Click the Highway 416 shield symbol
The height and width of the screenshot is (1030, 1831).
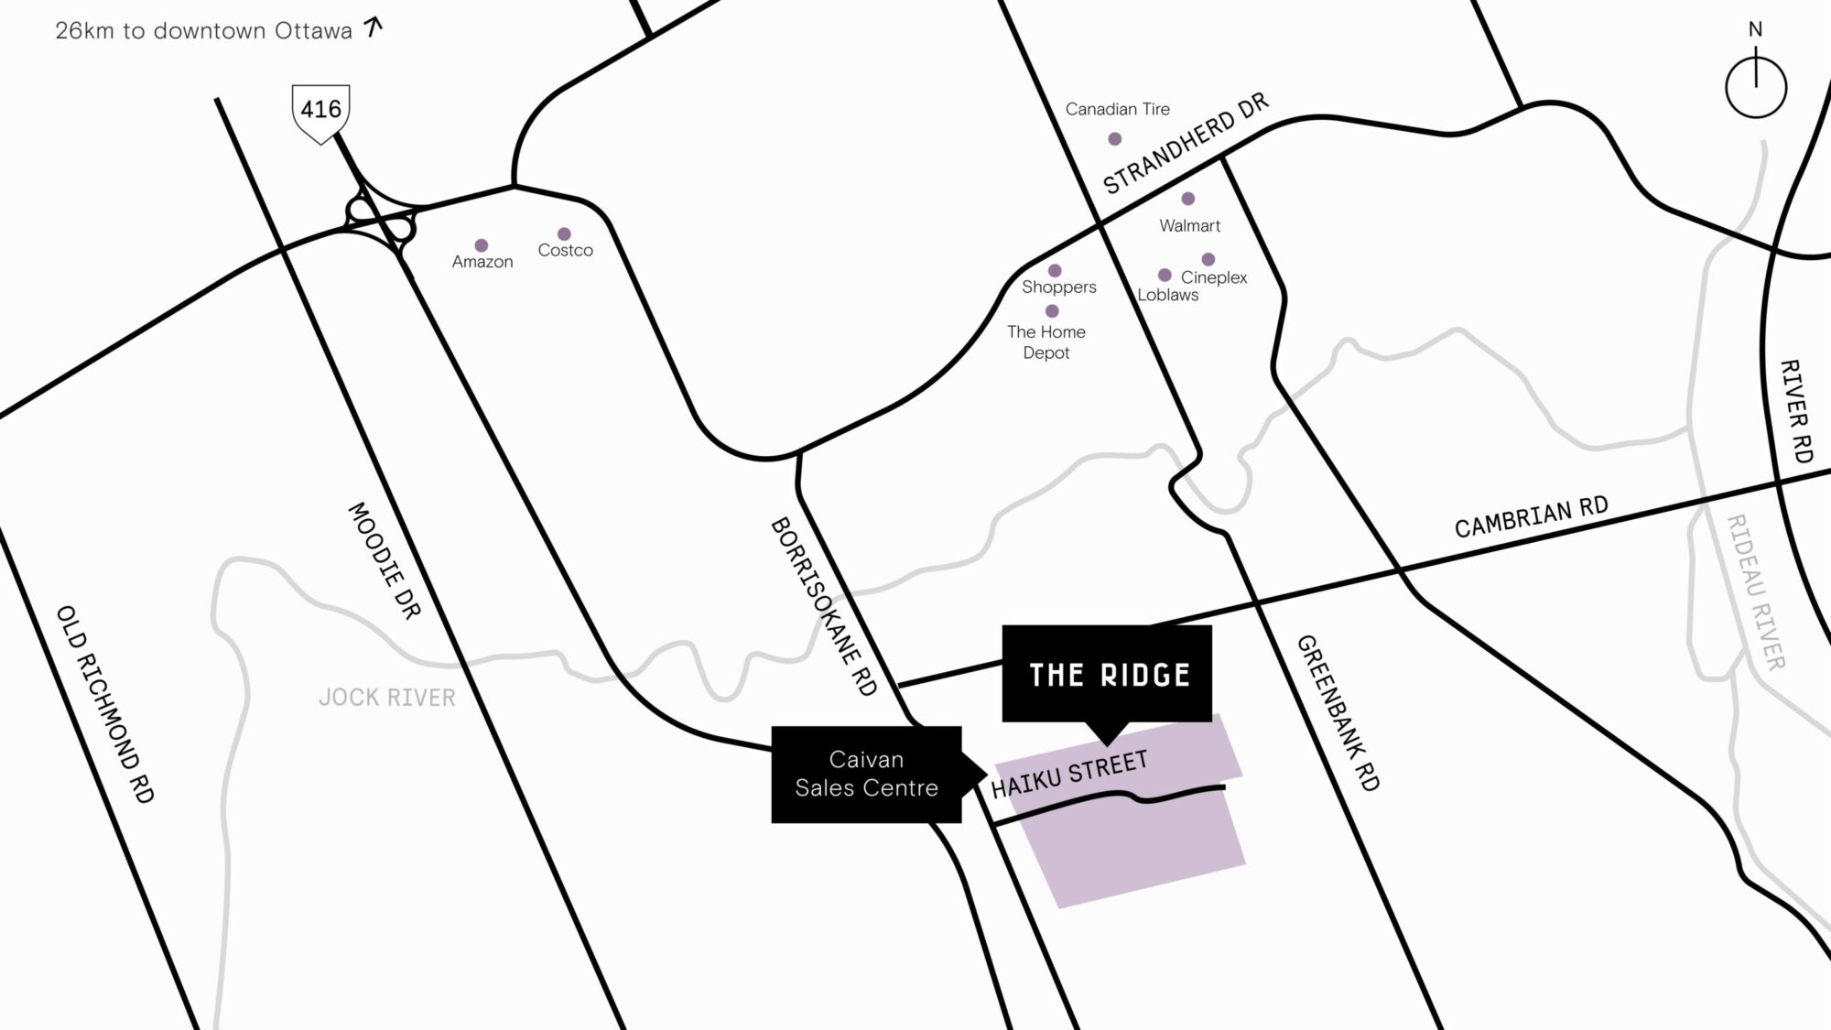pos(320,112)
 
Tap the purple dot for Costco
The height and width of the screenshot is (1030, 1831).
pos(564,234)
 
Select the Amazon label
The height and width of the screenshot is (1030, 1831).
pos(482,262)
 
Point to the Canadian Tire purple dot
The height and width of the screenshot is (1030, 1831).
pos(1114,139)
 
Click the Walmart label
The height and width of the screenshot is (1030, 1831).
pos(1189,225)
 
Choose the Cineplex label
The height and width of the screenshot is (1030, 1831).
pos(1214,277)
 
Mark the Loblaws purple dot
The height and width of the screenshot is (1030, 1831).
pos(1165,275)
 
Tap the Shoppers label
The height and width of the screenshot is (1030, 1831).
pos(1059,287)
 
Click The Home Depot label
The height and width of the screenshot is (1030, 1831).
pos(1046,342)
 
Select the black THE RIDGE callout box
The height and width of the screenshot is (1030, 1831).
pos(1108,674)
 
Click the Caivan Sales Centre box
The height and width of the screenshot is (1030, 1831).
pos(866,774)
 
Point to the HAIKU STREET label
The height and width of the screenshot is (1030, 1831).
pos(1069,775)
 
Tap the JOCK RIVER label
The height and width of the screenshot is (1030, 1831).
pos(387,698)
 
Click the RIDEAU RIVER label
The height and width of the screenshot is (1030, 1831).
pos(1755,591)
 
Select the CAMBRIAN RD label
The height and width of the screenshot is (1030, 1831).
pos(1531,517)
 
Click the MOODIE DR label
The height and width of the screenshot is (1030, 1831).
pos(385,559)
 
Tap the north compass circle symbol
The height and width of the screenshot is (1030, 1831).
pos(1755,88)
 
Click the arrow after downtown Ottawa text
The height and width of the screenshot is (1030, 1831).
pos(373,27)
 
